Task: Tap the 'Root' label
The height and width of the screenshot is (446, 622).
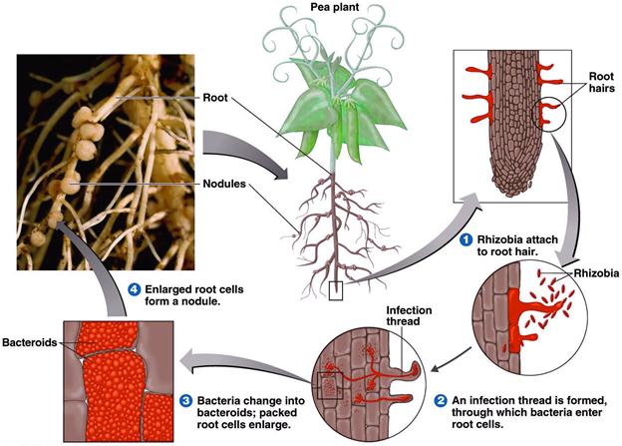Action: (217, 100)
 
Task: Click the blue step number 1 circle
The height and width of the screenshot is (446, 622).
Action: (466, 238)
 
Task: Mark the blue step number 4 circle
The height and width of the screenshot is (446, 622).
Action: (137, 289)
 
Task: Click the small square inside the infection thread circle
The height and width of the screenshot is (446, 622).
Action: (328, 383)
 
